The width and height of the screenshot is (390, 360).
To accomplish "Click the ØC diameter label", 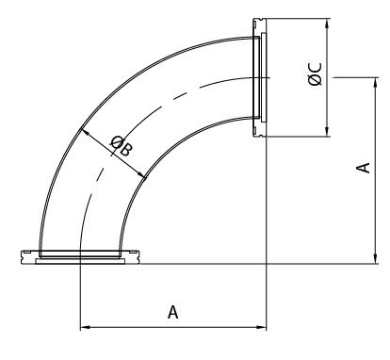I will click(x=316, y=75).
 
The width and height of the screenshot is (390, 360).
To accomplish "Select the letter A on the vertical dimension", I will click(x=360, y=167).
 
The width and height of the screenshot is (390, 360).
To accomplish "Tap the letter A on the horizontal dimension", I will click(x=172, y=311).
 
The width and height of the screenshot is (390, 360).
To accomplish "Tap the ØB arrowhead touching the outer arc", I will click(x=86, y=131).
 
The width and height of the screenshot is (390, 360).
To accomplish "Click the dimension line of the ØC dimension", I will click(x=326, y=104).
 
